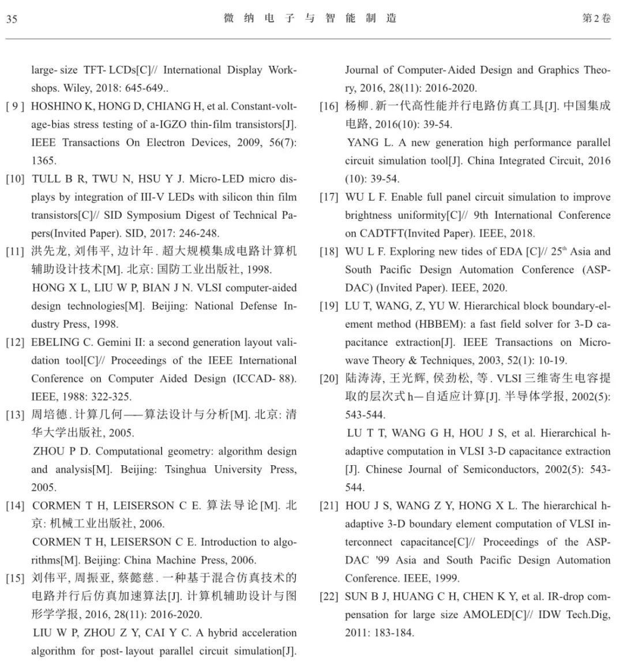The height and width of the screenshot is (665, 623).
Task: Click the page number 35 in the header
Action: (12, 19)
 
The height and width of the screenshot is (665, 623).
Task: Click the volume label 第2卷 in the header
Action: (596, 18)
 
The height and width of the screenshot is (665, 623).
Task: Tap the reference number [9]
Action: (15, 106)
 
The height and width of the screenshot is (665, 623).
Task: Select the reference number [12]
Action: (15, 342)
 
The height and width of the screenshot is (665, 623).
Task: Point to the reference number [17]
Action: (329, 197)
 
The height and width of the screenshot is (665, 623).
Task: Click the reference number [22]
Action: (329, 597)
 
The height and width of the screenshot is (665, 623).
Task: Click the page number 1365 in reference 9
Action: (44, 161)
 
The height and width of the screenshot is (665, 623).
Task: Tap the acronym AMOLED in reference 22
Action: (487, 615)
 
